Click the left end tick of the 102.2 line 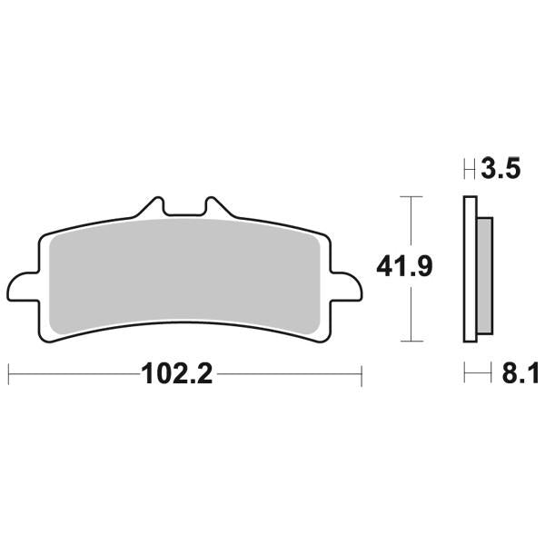(x=8, y=372)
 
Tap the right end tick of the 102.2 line (x=362, y=372)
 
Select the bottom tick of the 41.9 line (x=412, y=342)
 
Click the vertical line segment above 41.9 (x=412, y=223)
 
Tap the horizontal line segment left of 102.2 (x=73, y=372)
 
